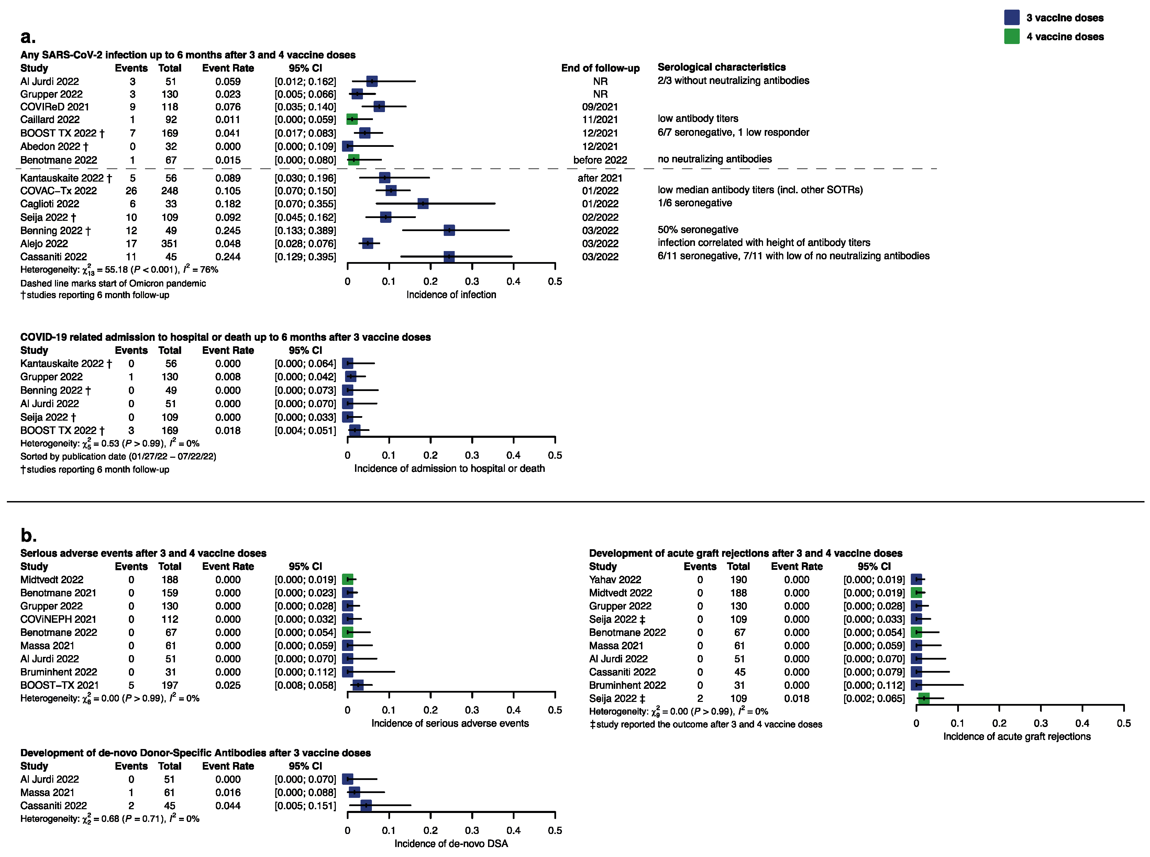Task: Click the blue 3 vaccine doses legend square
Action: point(1011,17)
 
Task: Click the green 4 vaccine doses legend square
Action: point(1011,36)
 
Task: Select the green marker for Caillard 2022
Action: point(352,119)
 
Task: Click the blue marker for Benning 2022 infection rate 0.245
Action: point(449,230)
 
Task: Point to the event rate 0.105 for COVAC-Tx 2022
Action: point(228,191)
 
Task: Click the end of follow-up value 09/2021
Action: point(599,107)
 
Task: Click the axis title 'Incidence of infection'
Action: point(451,295)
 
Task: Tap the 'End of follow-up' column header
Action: point(600,68)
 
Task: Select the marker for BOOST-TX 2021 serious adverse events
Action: point(358,685)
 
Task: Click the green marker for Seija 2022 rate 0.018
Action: point(924,698)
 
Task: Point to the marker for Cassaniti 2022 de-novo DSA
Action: point(366,806)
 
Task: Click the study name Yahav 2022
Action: point(615,579)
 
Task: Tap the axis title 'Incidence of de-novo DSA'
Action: point(451,844)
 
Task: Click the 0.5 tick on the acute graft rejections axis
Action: point(1123,723)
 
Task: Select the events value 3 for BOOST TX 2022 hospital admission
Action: point(131,431)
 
